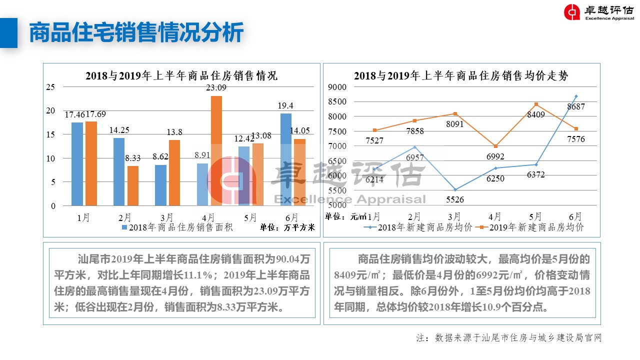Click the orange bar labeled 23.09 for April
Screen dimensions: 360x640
216,150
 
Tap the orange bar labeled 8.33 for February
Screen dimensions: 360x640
132,185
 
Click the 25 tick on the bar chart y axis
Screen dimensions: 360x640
50,87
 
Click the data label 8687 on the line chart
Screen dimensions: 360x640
575,106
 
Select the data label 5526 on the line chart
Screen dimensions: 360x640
455,200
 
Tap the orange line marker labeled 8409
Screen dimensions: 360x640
536,104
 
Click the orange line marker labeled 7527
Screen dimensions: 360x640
374,130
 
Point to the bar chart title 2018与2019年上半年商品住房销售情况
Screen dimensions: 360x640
181,76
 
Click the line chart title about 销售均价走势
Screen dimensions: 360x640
461,76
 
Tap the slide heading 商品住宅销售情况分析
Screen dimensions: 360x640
136,33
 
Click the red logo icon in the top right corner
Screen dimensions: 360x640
572,12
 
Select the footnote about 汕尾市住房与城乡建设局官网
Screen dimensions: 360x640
509,338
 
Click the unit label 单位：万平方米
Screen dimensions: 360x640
287,227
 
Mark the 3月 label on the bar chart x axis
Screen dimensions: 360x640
167,217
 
